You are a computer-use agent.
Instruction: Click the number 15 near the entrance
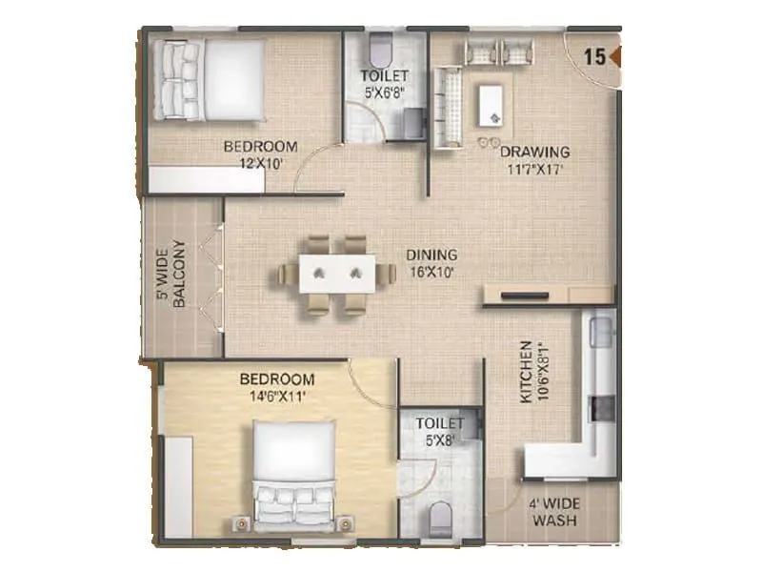pos(594,56)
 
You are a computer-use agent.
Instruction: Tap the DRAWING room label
pos(534,152)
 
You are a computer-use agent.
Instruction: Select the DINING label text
pos(431,255)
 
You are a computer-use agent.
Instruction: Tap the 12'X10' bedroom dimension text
pos(260,163)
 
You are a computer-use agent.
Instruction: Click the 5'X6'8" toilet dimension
pos(384,92)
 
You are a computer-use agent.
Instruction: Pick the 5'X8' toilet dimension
pos(439,439)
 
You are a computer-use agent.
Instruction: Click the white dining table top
pos(338,274)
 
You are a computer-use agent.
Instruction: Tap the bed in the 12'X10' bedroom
pos(211,79)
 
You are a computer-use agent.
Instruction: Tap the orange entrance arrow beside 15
pos(615,56)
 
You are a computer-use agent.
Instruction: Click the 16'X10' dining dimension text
pos(431,272)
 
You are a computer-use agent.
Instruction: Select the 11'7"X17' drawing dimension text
pos(534,169)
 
